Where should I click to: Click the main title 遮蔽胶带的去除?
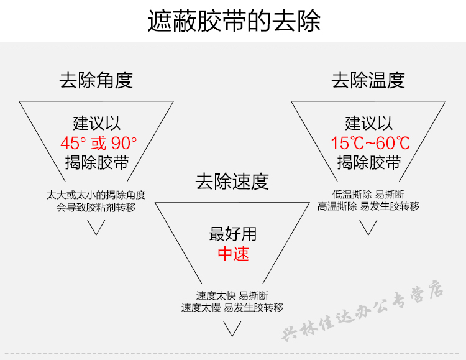234,21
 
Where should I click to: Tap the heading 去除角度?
96,80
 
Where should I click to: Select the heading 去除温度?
368,80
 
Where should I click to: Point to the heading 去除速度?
232,182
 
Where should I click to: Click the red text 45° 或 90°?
98,143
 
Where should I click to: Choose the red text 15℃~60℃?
370,143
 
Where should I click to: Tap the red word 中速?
233,254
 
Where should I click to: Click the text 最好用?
233,234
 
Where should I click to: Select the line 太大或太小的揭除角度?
96,195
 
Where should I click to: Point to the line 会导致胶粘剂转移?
96,207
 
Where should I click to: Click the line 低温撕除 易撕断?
368,194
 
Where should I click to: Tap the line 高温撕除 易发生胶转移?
368,206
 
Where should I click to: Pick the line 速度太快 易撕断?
232,295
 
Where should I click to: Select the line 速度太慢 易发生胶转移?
232,308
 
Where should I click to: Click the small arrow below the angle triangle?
96,228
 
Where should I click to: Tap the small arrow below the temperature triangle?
368,228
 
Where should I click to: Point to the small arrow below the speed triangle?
232,330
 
